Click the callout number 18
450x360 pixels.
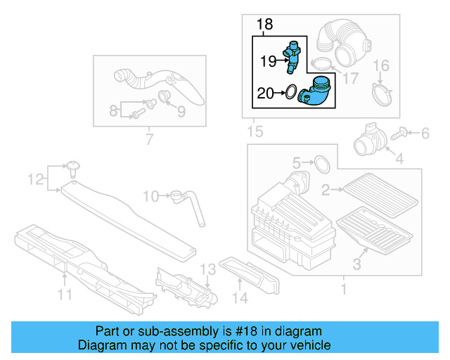pyautogui.click(x=264, y=25)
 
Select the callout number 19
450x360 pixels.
pyautogui.click(x=267, y=62)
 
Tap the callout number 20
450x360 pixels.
pyautogui.click(x=266, y=92)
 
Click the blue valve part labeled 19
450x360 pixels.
pyautogui.click(x=292, y=57)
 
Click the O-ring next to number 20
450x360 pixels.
pyautogui.click(x=288, y=91)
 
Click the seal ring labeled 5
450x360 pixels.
pyautogui.click(x=320, y=164)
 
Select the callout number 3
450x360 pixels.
pyautogui.click(x=356, y=264)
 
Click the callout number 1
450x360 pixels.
pyautogui.click(x=343, y=288)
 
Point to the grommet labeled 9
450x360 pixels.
pyautogui.click(x=165, y=97)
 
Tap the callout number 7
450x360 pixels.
pyautogui.click(x=148, y=139)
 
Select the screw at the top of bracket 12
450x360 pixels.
pyautogui.click(x=72, y=167)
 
